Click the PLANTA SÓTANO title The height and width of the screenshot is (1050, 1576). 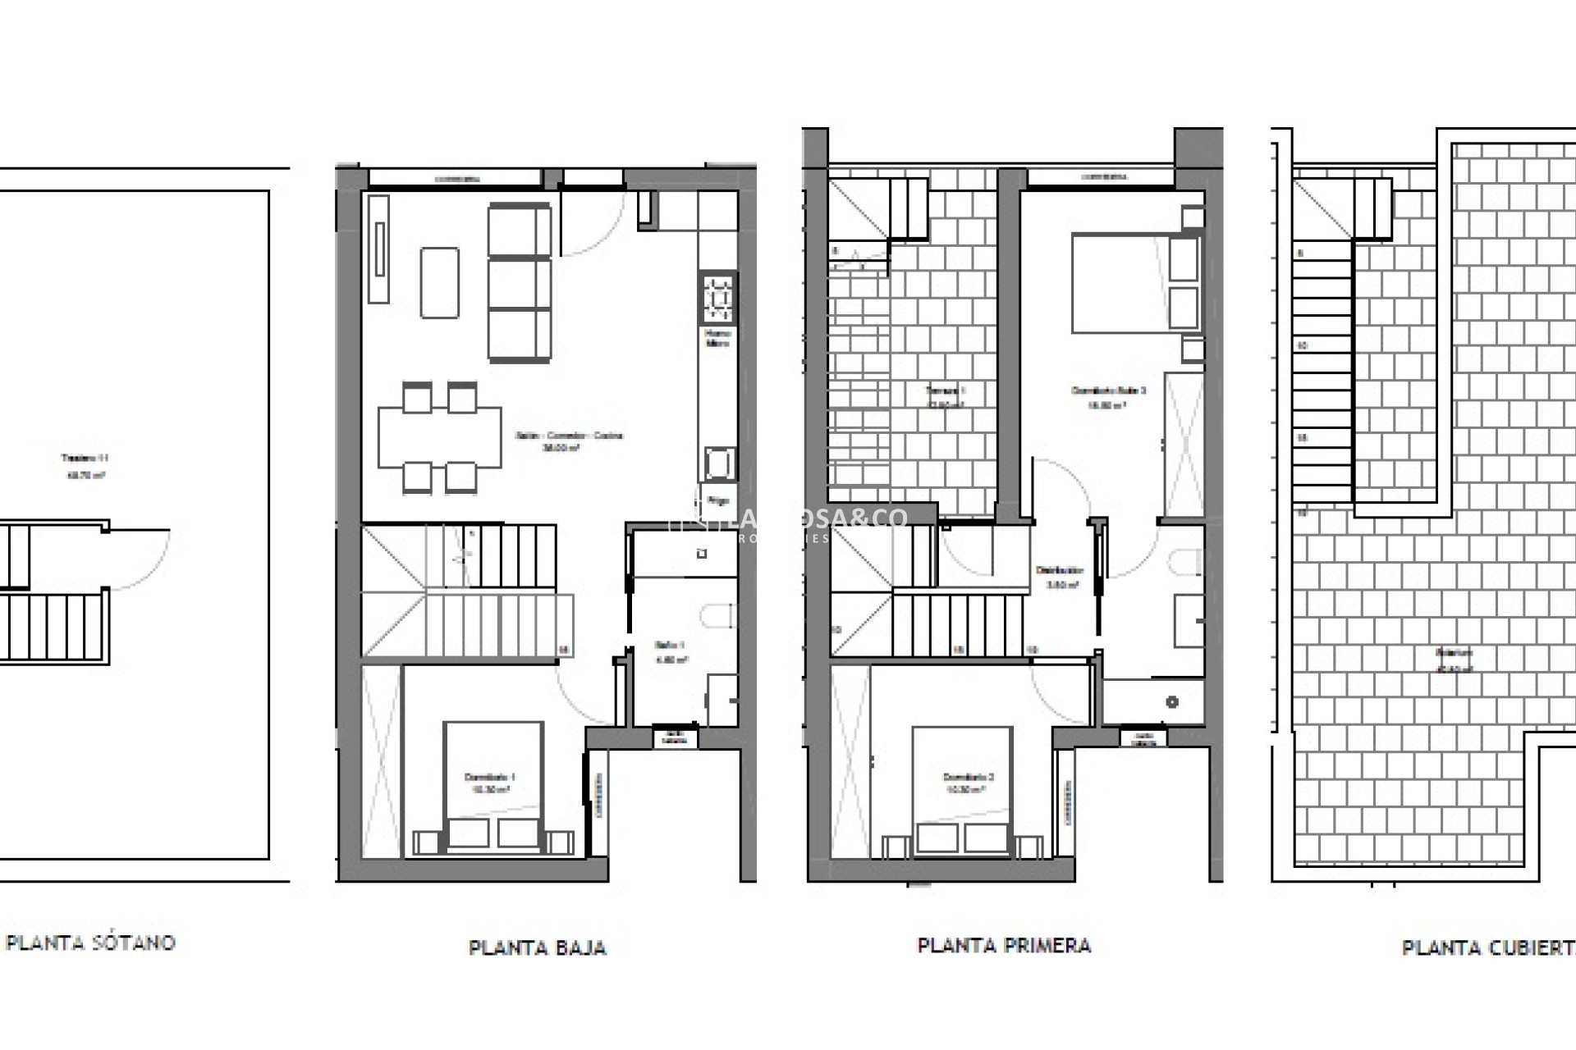[90, 943]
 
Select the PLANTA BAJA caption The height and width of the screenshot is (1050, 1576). [537, 948]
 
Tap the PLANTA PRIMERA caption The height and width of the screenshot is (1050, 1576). [1004, 946]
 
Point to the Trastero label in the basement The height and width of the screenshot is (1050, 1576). [85, 458]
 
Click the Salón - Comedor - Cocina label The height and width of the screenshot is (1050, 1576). [569, 436]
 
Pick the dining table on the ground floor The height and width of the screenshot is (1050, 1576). [439, 437]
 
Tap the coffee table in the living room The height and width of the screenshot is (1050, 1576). [439, 282]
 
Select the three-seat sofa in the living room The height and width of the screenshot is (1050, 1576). [519, 283]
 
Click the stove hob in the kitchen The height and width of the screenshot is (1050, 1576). [718, 299]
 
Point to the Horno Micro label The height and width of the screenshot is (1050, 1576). [718, 338]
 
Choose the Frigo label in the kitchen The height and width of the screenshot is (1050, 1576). [718, 500]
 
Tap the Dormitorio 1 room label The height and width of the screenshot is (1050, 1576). [490, 777]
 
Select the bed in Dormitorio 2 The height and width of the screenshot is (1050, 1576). [961, 792]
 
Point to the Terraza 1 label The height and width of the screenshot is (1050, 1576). [946, 390]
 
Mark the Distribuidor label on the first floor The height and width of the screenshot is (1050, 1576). [1059, 571]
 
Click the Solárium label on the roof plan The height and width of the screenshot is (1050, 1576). [1454, 654]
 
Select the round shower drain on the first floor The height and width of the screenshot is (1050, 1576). [1171, 701]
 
